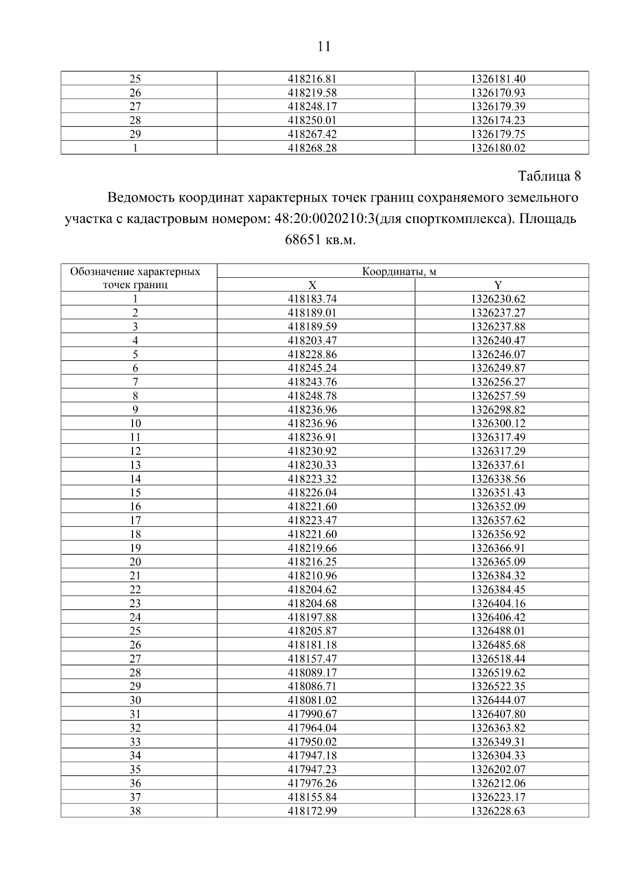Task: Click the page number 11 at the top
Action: point(323,47)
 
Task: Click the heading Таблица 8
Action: point(549,176)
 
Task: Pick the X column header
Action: point(312,285)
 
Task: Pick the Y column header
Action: point(498,285)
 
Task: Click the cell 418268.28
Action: point(312,148)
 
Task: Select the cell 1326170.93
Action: point(498,93)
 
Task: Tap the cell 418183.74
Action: point(312,299)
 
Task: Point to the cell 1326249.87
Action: point(498,368)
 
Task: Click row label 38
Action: point(135,811)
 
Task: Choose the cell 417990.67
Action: point(312,714)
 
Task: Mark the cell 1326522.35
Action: point(498,687)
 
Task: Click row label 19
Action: point(135,548)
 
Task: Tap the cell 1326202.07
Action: point(498,770)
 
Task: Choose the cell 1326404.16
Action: point(498,604)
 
